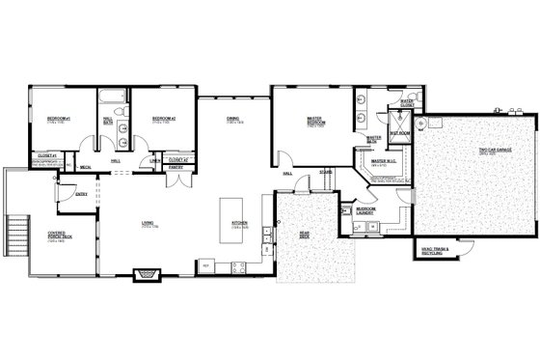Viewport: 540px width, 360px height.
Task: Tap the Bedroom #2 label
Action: point(162,120)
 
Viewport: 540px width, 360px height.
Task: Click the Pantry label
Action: point(176,167)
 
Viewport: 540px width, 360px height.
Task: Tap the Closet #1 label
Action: point(47,154)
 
